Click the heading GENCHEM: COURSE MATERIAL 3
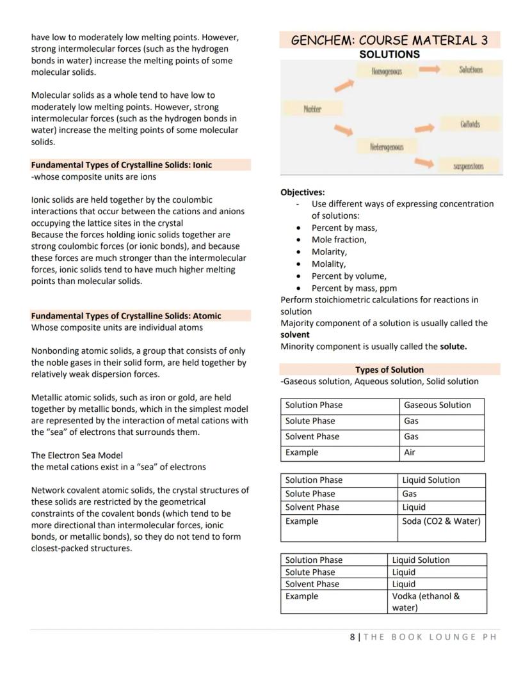(x=389, y=40)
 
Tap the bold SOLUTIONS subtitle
(x=389, y=54)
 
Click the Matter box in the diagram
(x=312, y=109)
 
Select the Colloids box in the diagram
(x=469, y=124)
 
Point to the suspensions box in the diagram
(x=469, y=166)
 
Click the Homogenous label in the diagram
(x=386, y=72)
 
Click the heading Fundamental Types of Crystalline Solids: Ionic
(x=121, y=164)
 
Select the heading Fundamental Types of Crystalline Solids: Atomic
(x=125, y=315)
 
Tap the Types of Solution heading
(x=389, y=370)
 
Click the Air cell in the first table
(x=410, y=452)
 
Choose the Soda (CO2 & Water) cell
(x=442, y=521)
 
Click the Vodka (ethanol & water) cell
(x=426, y=602)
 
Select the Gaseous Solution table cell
(x=437, y=405)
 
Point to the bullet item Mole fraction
(x=339, y=239)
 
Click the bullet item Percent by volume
(x=348, y=276)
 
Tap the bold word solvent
(x=295, y=335)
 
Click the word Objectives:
(x=303, y=192)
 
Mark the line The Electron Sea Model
(x=77, y=455)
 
